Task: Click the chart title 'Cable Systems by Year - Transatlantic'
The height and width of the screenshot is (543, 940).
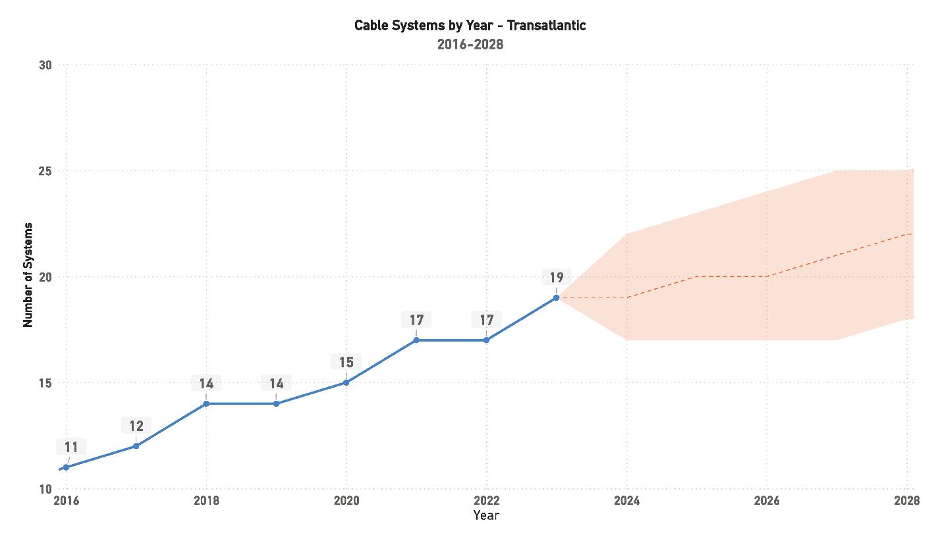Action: pos(470,26)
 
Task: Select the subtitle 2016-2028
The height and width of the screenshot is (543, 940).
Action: pos(470,45)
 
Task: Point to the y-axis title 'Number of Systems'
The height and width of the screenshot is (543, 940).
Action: pos(28,275)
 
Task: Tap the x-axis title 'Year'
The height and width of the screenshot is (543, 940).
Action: pos(486,515)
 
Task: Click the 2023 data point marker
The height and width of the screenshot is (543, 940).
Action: pos(556,297)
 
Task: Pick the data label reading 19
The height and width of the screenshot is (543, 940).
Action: pos(556,278)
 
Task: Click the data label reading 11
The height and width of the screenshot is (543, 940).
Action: pos(71,448)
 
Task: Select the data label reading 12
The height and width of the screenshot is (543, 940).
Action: pos(136,426)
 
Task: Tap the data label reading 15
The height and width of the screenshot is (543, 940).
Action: pos(346,362)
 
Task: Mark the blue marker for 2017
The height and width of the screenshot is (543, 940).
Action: pos(136,446)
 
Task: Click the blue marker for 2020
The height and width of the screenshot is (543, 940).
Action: pos(346,382)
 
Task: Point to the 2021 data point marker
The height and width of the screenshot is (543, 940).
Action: pos(416,340)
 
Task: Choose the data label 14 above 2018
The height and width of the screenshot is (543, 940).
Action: pos(206,384)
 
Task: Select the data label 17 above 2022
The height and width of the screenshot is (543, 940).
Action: pos(486,320)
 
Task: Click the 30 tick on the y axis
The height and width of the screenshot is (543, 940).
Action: pos(45,65)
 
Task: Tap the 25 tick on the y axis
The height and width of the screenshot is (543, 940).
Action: pos(45,171)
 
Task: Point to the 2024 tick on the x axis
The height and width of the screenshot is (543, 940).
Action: pos(626,501)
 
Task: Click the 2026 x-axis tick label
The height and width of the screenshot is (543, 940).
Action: pos(767,501)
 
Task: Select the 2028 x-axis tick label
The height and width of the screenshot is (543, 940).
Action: pos(906,501)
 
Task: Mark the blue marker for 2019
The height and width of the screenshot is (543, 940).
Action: pos(276,403)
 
